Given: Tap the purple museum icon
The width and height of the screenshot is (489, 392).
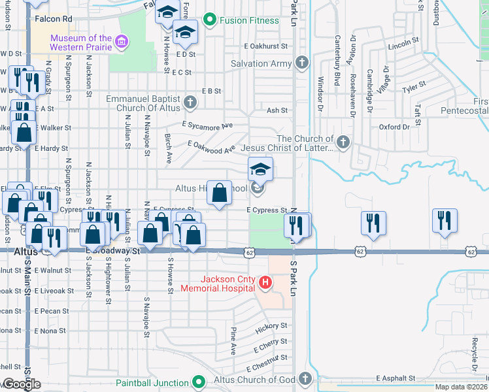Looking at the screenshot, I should pos(120,43).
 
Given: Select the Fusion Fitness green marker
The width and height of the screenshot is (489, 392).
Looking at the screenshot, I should pos(210,20).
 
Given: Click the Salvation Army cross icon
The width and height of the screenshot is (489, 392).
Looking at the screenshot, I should pos(301,63).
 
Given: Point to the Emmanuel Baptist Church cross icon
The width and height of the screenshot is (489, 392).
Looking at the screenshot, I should pos(190,102).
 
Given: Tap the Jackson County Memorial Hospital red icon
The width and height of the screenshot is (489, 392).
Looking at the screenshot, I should pos(265,283).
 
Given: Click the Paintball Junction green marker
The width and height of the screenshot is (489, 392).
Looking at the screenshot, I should pos(200,382).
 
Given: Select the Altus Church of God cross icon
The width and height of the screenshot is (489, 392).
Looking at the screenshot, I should pos(305,379).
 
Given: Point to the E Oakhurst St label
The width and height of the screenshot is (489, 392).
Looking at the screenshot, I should pos(266,46).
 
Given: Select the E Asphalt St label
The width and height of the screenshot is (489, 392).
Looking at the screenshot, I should pos(396,378).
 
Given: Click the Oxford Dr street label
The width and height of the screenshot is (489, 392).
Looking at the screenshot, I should pos(394,127).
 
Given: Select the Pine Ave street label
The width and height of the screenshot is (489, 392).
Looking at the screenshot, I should pos(233,341).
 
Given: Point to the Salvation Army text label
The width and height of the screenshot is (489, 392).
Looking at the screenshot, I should pos(259,63).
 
